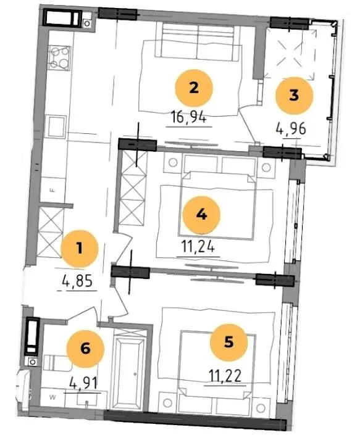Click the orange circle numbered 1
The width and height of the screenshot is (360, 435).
point(80,249)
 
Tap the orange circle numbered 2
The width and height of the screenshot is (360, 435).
point(194,88)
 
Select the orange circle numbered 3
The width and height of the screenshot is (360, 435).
point(294,96)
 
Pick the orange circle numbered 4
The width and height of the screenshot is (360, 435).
point(201,215)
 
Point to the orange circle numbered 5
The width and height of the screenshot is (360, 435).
point(228,342)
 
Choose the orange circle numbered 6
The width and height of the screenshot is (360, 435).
point(85,349)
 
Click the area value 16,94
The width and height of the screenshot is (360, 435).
point(189,118)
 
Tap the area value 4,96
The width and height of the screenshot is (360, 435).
point(291,129)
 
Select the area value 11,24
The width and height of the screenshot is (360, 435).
point(198,247)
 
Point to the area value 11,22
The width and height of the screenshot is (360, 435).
point(225,376)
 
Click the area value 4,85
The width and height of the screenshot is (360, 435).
point(77,282)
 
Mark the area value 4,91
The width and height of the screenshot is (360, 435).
point(83,384)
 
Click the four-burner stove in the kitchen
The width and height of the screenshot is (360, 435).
point(59,58)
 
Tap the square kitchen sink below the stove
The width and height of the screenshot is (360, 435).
point(57,127)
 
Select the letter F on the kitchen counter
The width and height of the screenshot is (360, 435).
point(51,190)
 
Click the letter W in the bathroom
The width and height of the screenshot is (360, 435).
point(52,397)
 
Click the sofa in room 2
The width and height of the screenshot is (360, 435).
point(198,41)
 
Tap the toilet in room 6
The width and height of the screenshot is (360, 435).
point(56,362)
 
